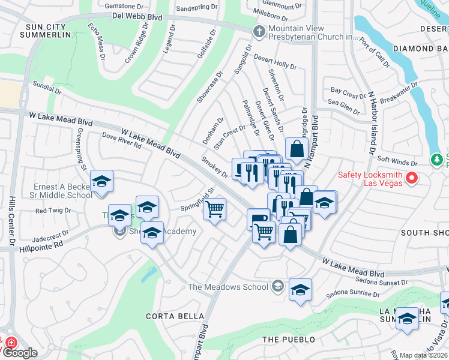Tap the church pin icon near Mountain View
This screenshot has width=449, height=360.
click(259, 32)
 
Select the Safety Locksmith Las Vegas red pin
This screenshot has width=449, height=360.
click(412, 178)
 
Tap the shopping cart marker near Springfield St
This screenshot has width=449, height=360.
click(214, 209)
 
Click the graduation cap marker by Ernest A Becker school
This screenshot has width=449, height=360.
click(101, 182)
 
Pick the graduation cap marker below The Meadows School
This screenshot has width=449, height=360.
click(300, 290)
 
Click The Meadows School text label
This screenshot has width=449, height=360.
click(228, 287)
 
